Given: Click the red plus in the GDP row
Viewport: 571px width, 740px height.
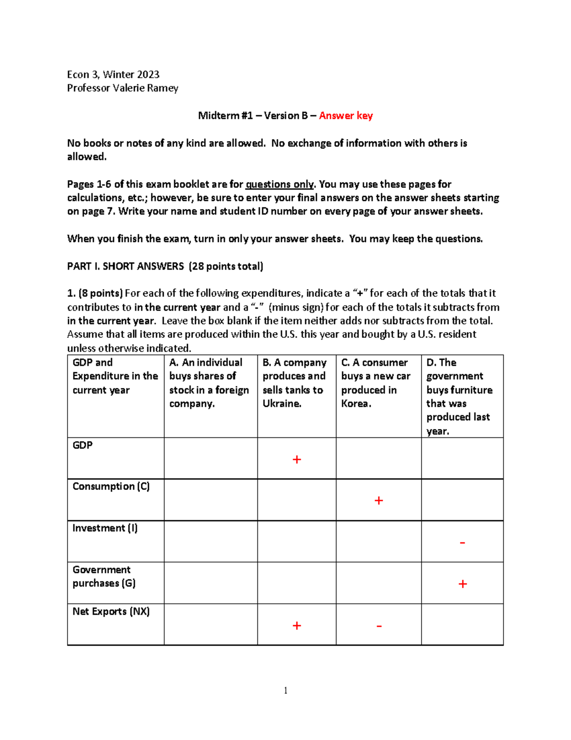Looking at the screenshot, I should (x=296, y=459).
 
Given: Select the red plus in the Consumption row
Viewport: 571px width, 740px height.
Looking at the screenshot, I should (x=379, y=500).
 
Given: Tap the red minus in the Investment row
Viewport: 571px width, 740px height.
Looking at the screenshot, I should (x=462, y=543).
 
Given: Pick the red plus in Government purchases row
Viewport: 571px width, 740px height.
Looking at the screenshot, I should (x=463, y=584).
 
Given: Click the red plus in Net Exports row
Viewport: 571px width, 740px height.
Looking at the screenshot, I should (x=296, y=626).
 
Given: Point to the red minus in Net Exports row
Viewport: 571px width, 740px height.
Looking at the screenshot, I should (x=379, y=626).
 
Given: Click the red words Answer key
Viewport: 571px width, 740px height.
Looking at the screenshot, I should (x=345, y=116).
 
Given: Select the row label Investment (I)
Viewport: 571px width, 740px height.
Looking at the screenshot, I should (x=105, y=528).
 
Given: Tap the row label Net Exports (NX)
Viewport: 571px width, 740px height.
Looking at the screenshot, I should (x=111, y=611).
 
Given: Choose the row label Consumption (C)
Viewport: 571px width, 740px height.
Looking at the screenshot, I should (x=111, y=487).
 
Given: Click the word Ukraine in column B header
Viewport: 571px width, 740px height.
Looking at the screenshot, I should (x=281, y=404).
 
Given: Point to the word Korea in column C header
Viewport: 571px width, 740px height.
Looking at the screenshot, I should (x=355, y=404).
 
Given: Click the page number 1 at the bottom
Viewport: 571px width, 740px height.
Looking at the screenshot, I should (x=285, y=690).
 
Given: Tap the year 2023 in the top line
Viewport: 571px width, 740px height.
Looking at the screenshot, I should (x=148, y=74).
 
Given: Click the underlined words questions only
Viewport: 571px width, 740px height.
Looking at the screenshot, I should (x=279, y=184).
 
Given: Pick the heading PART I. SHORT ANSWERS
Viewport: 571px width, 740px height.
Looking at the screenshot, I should (x=125, y=266).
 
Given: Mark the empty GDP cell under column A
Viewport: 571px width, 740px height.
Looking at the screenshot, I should (x=210, y=458).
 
